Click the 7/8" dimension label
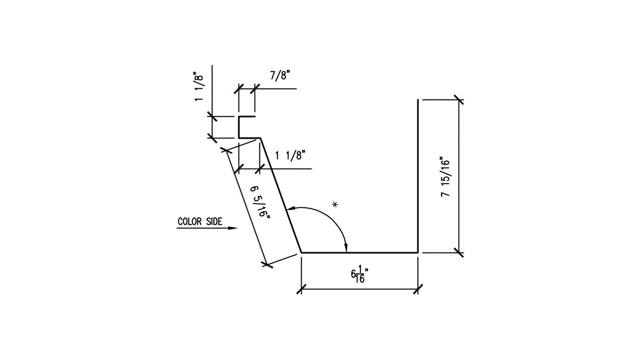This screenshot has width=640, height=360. click(280, 76)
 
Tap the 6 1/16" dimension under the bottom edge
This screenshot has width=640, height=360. click(360, 275)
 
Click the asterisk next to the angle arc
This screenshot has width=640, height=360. click(335, 205)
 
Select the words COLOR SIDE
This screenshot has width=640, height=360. click(200, 222)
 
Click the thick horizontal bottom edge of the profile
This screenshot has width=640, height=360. click(359, 252)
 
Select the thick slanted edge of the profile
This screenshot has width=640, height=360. click(281, 196)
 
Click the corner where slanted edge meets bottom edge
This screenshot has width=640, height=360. click(301, 252)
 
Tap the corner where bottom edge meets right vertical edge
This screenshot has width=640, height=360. click(418, 252)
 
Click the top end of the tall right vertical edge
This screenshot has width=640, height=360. click(418, 100)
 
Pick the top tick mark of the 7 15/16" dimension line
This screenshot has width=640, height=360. click(459, 100)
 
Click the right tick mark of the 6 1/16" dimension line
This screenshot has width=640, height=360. click(418, 289)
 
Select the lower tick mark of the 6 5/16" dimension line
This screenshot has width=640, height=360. click(267, 264)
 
